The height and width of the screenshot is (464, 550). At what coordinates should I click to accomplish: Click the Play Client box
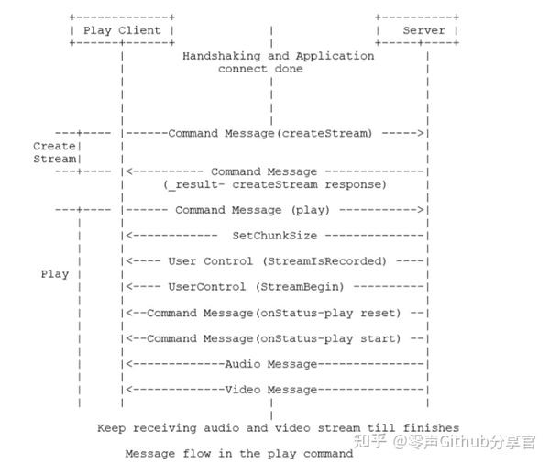(122, 30)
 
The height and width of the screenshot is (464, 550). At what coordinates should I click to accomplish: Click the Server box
(417, 30)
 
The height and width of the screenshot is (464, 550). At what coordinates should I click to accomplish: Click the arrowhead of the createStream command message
(423, 133)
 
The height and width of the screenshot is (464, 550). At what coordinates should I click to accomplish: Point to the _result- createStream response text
(275, 184)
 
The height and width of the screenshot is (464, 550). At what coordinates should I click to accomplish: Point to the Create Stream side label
(54, 152)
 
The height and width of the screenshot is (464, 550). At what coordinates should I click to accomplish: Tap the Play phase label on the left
(54, 274)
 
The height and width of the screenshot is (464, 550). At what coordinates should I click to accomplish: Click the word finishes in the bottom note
(430, 428)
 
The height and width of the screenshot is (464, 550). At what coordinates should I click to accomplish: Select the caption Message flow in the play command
(238, 453)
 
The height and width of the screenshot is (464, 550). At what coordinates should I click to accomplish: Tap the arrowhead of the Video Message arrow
(127, 390)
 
